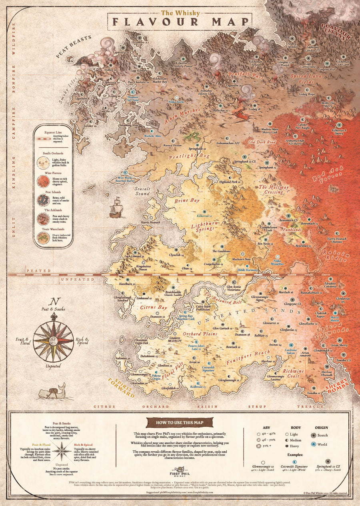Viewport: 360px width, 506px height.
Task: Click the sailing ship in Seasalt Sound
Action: [x=116, y=207]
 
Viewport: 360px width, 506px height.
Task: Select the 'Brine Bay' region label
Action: [x=186, y=201]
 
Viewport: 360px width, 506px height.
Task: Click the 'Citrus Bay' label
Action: [x=154, y=308]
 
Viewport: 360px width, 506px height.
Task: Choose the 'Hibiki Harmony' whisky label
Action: [x=247, y=270]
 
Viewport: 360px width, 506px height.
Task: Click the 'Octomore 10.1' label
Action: [x=140, y=42]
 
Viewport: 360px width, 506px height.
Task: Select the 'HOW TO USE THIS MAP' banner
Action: [x=179, y=422]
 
